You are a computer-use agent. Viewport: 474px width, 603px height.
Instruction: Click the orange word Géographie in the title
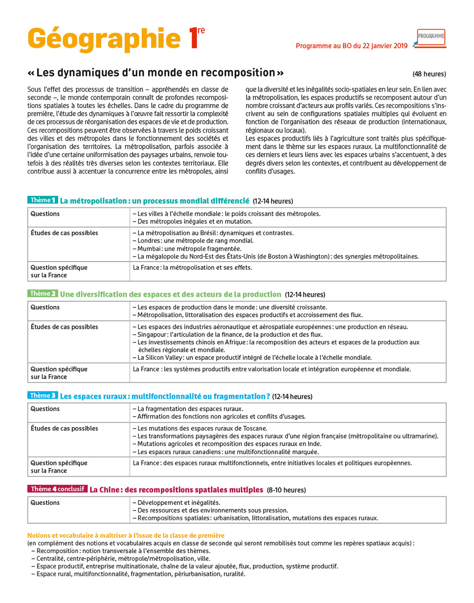click(x=104, y=39)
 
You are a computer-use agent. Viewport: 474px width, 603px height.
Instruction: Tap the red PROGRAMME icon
click(x=431, y=37)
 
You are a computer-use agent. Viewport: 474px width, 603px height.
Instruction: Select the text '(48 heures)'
click(x=429, y=74)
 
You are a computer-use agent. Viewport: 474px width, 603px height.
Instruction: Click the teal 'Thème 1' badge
click(x=43, y=200)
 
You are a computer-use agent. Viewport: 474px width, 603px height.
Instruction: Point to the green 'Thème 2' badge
click(x=43, y=294)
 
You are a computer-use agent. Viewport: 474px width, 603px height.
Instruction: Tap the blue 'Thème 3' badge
click(x=43, y=396)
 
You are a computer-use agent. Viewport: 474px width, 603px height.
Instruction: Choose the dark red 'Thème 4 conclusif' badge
click(x=57, y=489)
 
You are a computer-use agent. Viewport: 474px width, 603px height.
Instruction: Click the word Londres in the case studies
click(x=149, y=241)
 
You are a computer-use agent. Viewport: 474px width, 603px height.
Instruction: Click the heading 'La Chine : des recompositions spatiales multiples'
click(x=176, y=490)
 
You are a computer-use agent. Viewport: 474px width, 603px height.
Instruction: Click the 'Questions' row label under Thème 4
click(x=45, y=503)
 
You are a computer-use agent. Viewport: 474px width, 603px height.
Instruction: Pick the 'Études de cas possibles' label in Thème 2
click(x=64, y=327)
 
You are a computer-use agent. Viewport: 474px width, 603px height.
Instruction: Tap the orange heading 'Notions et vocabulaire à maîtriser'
click(x=125, y=535)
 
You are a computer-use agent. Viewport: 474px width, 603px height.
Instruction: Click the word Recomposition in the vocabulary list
click(x=57, y=551)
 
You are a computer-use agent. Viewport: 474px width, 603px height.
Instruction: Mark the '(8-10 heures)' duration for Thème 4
click(x=286, y=490)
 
